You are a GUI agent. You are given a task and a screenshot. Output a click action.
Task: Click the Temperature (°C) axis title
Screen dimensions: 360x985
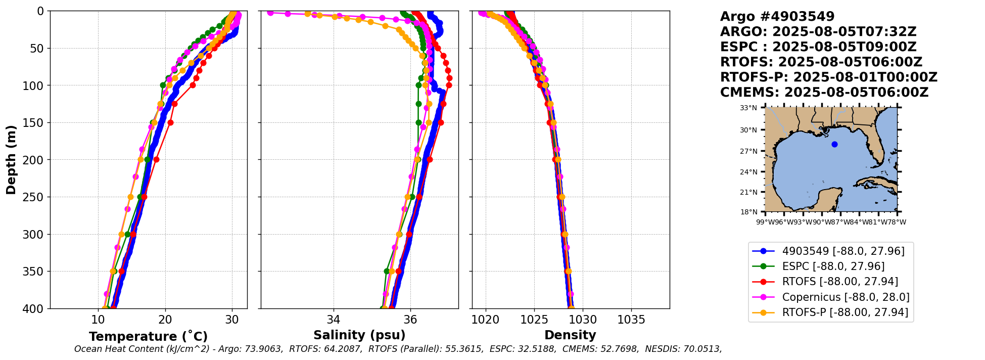click(148, 337)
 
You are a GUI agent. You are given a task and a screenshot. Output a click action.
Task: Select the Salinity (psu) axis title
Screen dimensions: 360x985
click(359, 335)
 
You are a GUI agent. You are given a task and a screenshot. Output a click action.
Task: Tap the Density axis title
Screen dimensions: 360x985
click(570, 335)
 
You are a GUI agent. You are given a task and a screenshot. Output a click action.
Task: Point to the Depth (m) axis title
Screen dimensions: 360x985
click(11, 160)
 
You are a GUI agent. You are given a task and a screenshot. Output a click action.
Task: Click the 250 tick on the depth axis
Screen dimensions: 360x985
click(37, 197)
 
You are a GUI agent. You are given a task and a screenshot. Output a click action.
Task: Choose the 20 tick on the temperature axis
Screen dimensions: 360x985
click(165, 320)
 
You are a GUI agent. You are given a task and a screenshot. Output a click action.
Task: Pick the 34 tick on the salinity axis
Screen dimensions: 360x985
click(333, 320)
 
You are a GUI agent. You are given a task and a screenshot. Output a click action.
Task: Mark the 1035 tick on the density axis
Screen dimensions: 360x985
click(631, 320)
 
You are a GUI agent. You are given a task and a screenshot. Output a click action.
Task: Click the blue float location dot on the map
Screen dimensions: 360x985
click(834, 144)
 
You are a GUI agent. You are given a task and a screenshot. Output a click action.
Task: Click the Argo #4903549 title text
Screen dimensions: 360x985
click(777, 17)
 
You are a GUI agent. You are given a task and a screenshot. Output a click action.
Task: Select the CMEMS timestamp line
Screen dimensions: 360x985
click(824, 93)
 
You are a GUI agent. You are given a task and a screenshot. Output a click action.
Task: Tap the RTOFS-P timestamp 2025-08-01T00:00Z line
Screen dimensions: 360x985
click(829, 77)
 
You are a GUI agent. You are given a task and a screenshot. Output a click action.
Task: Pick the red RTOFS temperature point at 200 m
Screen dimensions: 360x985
click(156, 160)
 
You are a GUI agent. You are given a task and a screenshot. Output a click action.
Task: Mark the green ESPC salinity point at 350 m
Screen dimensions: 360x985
click(387, 271)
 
